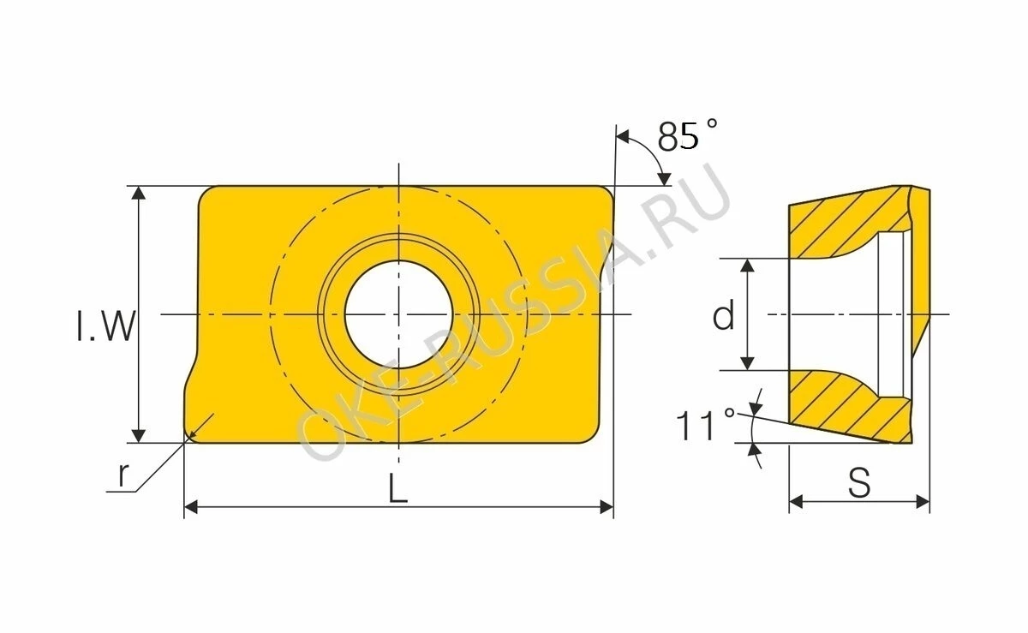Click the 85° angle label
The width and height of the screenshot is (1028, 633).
click(x=687, y=135)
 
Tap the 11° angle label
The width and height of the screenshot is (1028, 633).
click(x=705, y=425)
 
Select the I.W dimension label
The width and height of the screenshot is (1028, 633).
click(x=106, y=326)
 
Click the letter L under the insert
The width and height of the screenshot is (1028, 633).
click(x=397, y=488)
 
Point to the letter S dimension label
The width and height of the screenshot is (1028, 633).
click(x=859, y=483)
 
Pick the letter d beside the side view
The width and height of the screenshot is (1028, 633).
click(x=724, y=315)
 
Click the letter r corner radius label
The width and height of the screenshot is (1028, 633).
click(x=123, y=475)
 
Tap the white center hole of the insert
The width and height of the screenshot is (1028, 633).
click(x=398, y=314)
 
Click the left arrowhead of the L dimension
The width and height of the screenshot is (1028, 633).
click(x=191, y=507)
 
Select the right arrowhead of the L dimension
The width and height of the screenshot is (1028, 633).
click(x=607, y=507)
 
